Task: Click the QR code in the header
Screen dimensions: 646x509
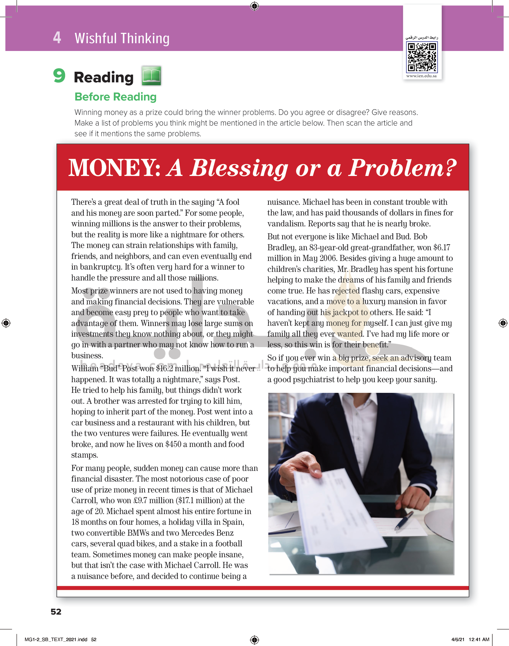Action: pyautogui.click(x=422, y=57)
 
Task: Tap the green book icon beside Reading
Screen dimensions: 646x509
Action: pyautogui.click(x=151, y=75)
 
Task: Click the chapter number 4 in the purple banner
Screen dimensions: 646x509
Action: pyautogui.click(x=57, y=38)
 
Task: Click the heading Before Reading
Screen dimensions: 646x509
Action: pyautogui.click(x=115, y=97)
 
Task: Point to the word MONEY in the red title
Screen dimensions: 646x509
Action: pyautogui.click(x=114, y=168)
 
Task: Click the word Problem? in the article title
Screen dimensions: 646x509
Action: pyautogui.click(x=403, y=168)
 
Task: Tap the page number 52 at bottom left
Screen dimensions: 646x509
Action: pyautogui.click(x=56, y=612)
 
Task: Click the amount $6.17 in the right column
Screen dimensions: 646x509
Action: pyautogui.click(x=441, y=247)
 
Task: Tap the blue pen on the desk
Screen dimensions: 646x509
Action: pyautogui.click(x=404, y=520)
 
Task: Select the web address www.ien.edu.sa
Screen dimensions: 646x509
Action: pyautogui.click(x=421, y=76)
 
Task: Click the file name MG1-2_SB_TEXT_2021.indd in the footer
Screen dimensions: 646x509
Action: pyautogui.click(x=56, y=639)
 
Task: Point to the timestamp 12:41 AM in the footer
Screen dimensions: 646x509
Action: pyautogui.click(x=479, y=639)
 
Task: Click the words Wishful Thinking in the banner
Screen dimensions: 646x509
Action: pyautogui.click(x=122, y=39)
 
